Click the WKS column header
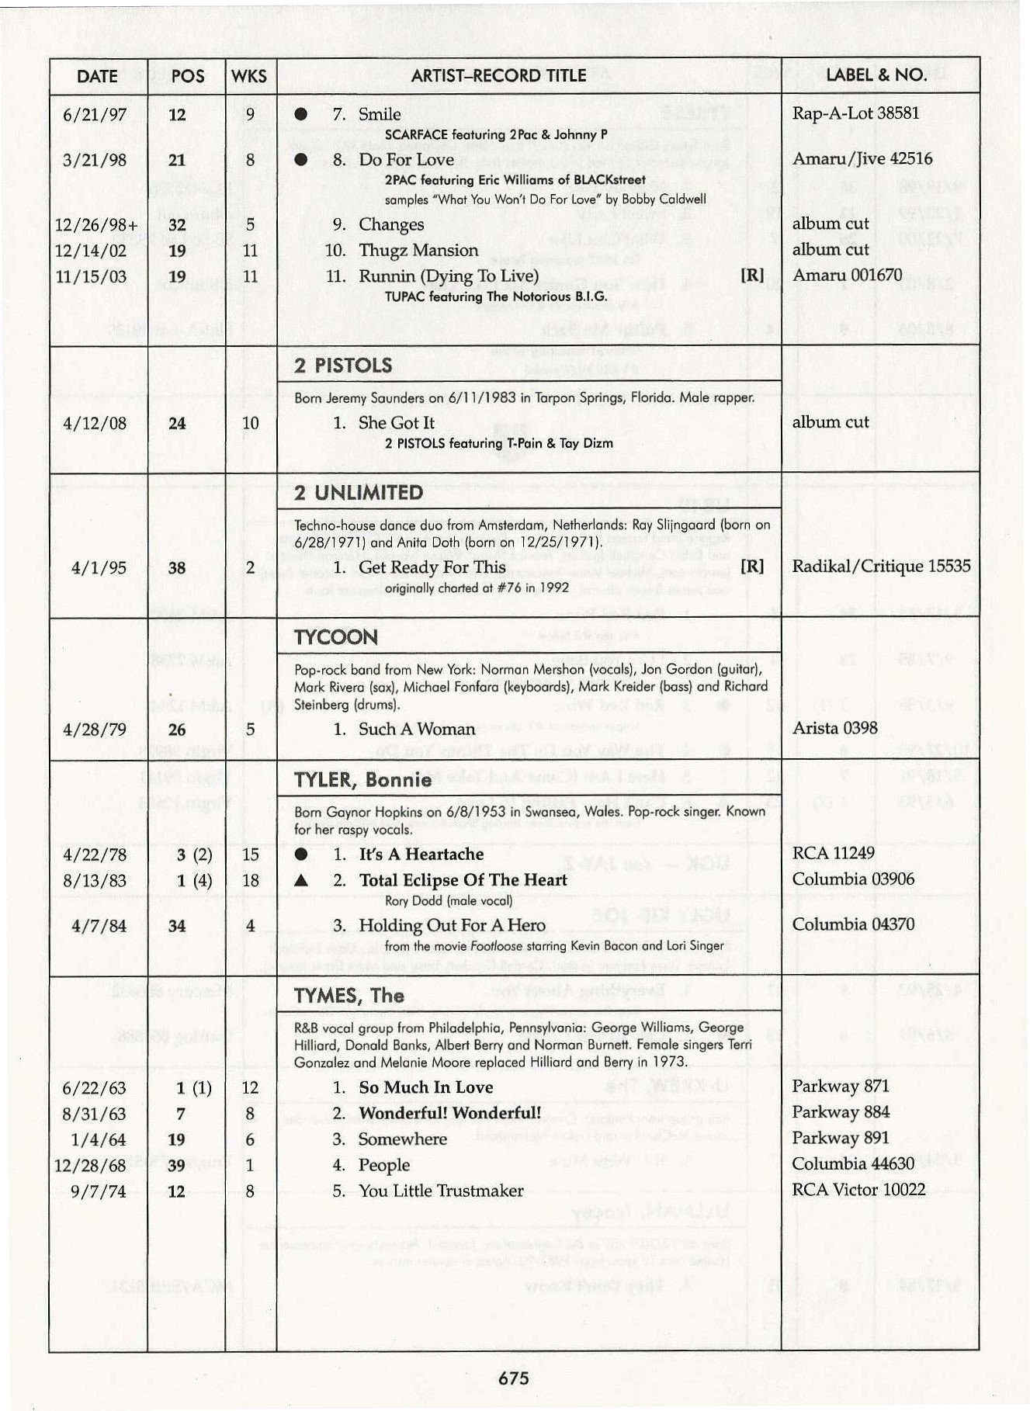coord(249,76)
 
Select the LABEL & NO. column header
coord(876,75)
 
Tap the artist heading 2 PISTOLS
coord(343,366)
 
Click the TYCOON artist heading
coord(336,637)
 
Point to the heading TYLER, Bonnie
coord(362,780)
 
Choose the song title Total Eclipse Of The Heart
coord(463,880)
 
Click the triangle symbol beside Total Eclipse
coord(302,881)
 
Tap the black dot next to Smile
coord(301,115)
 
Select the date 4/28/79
coord(99,730)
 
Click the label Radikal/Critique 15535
coord(881,566)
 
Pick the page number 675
coord(514,1378)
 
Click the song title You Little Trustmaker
coord(440,1191)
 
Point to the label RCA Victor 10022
coord(858,1190)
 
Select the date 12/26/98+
coord(97,225)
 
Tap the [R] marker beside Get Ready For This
coord(752,567)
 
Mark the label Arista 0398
coord(834,728)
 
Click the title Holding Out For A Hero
coord(452,925)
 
